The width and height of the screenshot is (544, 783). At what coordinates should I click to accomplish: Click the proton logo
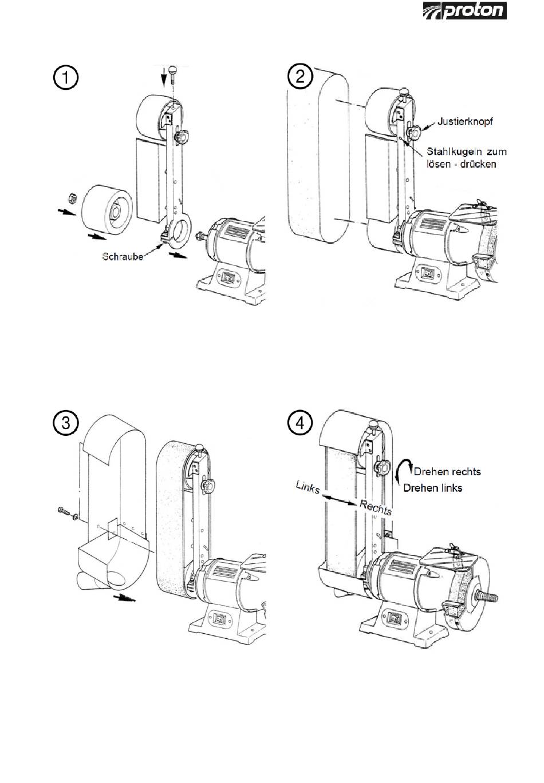click(x=464, y=10)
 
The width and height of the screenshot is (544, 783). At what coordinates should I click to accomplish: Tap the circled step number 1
click(x=65, y=78)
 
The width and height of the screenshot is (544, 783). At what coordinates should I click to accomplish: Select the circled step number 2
click(x=300, y=76)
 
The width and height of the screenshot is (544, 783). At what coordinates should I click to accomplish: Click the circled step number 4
click(x=300, y=423)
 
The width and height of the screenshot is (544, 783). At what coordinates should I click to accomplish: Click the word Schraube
click(x=123, y=257)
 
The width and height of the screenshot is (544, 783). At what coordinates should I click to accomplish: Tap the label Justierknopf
click(x=465, y=121)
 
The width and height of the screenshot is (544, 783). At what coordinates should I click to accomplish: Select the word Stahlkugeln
click(x=453, y=152)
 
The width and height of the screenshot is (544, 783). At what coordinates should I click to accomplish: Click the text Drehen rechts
click(x=447, y=471)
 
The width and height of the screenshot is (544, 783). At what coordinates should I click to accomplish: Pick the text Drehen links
click(x=433, y=488)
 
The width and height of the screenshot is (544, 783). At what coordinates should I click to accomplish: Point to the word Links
click(x=308, y=487)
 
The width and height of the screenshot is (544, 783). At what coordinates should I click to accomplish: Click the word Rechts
click(x=376, y=507)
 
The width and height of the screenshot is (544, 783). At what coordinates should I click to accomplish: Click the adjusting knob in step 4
click(x=382, y=467)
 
